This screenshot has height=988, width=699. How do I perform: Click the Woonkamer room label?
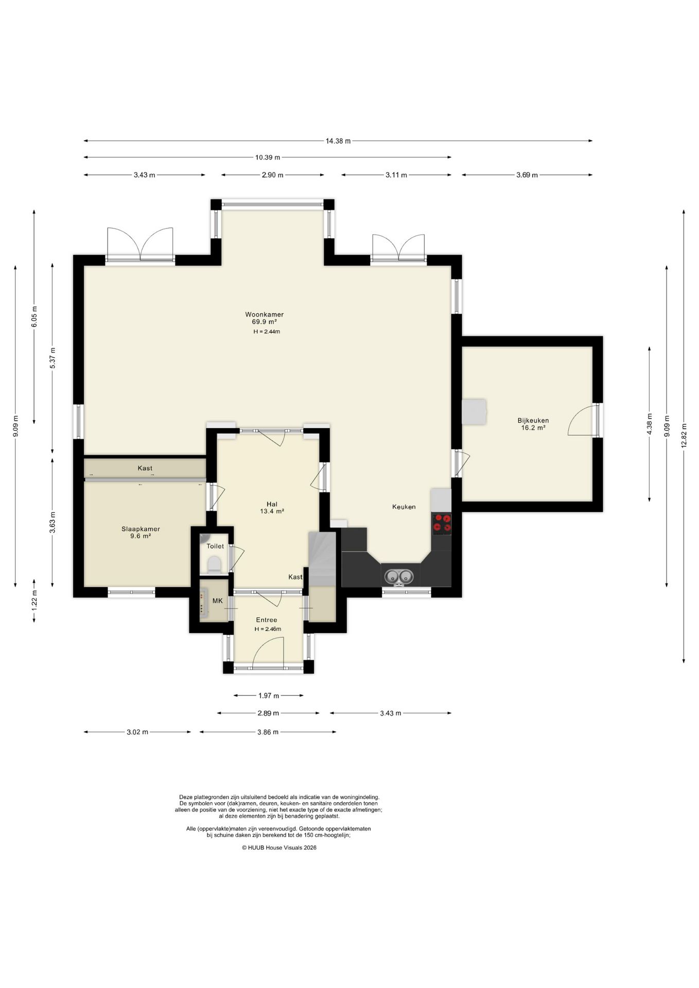coord(264,314)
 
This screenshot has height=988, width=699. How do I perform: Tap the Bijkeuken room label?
coord(533,420)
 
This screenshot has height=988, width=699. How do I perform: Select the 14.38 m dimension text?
coord(338,141)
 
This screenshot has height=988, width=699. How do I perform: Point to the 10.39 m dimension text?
coord(268,157)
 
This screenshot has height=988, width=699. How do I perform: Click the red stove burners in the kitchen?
coord(442,523)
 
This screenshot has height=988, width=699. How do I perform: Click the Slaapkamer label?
coord(141,529)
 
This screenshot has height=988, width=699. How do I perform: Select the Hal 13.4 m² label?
coord(272,508)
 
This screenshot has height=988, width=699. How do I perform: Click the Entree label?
coord(267,620)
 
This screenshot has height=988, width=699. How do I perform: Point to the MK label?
coord(217,601)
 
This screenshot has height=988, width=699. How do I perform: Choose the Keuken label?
coord(404,507)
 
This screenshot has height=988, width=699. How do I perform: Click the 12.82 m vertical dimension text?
coord(684,435)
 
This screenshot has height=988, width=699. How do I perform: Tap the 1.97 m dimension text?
coord(268,696)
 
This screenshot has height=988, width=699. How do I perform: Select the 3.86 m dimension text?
coord(268,732)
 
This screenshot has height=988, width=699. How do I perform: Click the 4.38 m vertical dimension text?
coord(650,424)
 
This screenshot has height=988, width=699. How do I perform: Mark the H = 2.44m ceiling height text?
coord(267,331)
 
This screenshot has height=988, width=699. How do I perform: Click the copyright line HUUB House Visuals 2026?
coord(279,848)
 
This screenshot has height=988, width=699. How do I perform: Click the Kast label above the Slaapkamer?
coord(145,468)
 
